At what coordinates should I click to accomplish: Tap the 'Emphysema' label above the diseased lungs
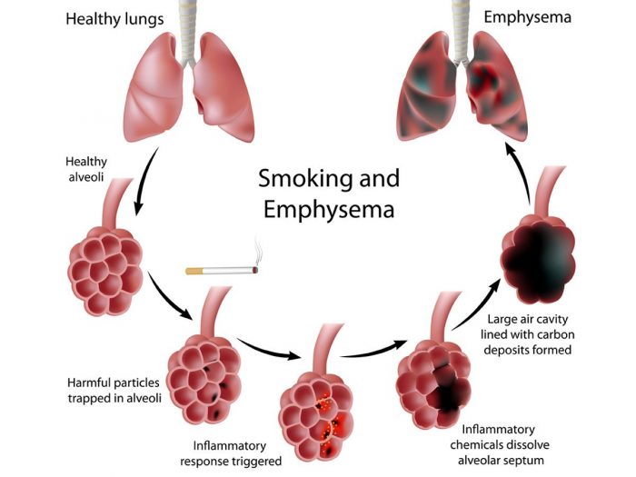[527, 16]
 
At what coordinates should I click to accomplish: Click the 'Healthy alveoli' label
[91, 169]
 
